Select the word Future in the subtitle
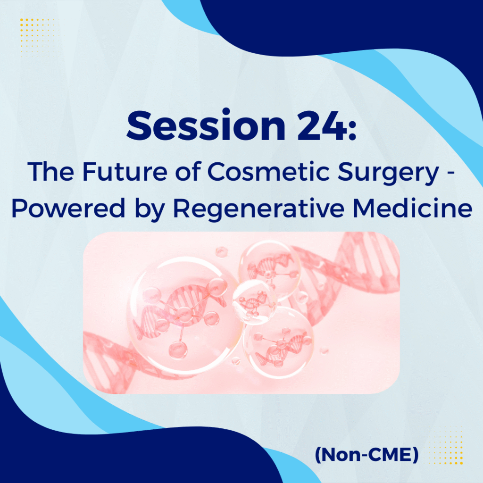pos(125,172)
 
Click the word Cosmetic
pos(269,172)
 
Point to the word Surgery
pos(388,174)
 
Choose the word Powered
pos(68,208)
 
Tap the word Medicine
pos(412,208)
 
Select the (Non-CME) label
pos(366,455)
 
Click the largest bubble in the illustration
pos(181,314)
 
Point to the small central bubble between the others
pos(254,302)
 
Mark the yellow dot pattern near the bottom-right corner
pos(445,445)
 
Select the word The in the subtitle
pos(51,172)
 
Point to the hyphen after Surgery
pos(450,174)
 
